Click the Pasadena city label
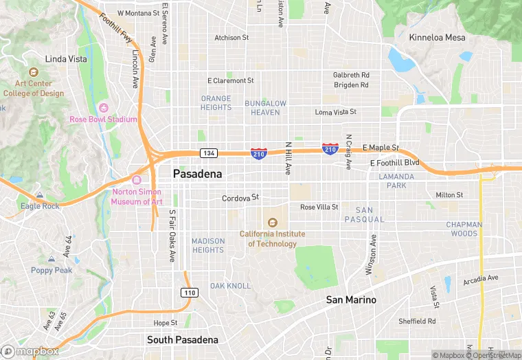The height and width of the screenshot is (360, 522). (x=197, y=174)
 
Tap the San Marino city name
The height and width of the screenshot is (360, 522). (x=351, y=300)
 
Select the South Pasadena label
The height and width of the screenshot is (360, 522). (x=183, y=339)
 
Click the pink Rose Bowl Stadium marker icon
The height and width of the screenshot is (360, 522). (x=104, y=107)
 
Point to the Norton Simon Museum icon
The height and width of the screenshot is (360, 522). (x=136, y=180)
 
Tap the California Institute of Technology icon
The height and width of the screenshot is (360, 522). (x=273, y=222)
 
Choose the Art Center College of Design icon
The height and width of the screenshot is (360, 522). (x=33, y=71)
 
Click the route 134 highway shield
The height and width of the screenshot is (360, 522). (x=209, y=152)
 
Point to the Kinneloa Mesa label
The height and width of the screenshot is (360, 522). (x=437, y=37)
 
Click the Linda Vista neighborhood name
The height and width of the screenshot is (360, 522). (x=66, y=59)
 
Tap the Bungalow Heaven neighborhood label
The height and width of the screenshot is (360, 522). (x=265, y=107)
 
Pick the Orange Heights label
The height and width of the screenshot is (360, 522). (x=216, y=103)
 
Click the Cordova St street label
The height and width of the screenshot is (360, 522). (x=240, y=199)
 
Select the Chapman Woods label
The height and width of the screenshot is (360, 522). (x=464, y=229)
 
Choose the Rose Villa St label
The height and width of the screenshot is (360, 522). (x=319, y=207)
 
